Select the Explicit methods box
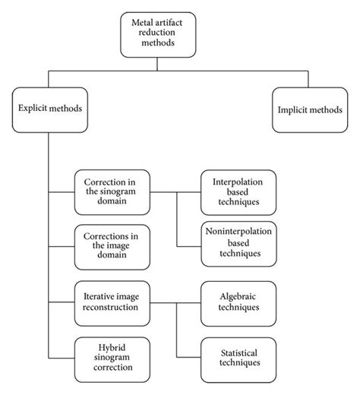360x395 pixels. click(x=49, y=108)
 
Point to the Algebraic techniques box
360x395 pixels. click(x=238, y=302)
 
